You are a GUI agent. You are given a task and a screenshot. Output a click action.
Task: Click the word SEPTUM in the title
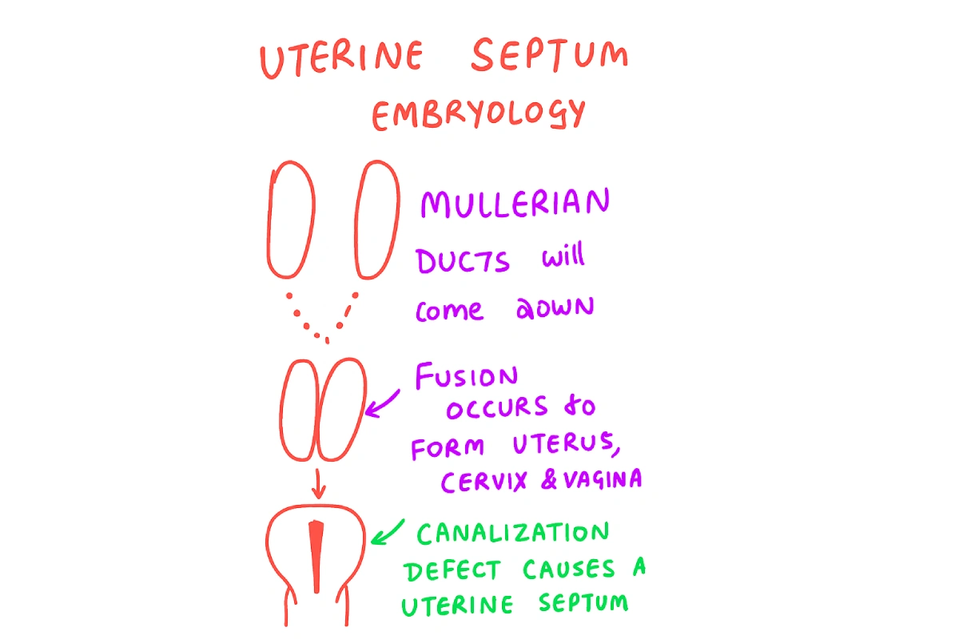(x=549, y=58)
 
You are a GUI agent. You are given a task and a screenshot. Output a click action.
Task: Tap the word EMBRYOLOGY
(x=478, y=114)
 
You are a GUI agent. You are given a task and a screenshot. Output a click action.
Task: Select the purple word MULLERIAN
(x=515, y=204)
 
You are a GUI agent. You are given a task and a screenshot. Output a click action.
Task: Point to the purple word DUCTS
(x=463, y=261)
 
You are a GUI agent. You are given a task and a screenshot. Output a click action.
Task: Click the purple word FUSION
(x=466, y=376)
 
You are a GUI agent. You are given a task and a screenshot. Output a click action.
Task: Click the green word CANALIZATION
(x=513, y=534)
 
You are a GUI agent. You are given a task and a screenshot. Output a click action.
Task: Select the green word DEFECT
(x=452, y=570)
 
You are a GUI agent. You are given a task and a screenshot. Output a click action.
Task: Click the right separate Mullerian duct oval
(x=376, y=219)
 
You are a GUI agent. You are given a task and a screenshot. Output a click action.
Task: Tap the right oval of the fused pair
(x=342, y=409)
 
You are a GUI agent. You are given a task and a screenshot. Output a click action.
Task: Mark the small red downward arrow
(x=318, y=482)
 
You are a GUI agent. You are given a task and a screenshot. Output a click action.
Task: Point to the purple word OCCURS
(x=495, y=409)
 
